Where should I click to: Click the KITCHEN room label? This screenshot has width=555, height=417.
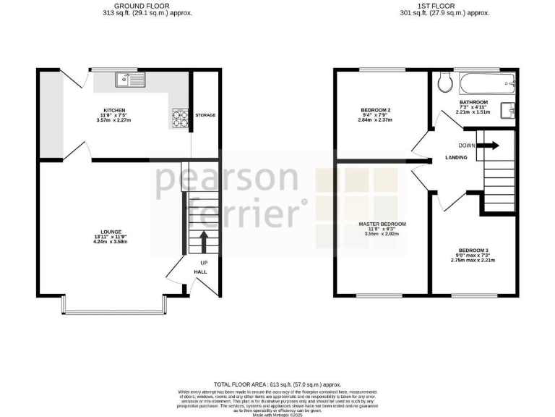[x=114, y=110]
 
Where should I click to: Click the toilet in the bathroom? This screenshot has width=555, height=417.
[x=445, y=84]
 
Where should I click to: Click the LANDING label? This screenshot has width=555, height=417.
[x=456, y=157]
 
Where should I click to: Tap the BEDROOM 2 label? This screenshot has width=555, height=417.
[x=376, y=110]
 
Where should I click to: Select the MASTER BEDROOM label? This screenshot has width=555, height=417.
[x=382, y=224]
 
